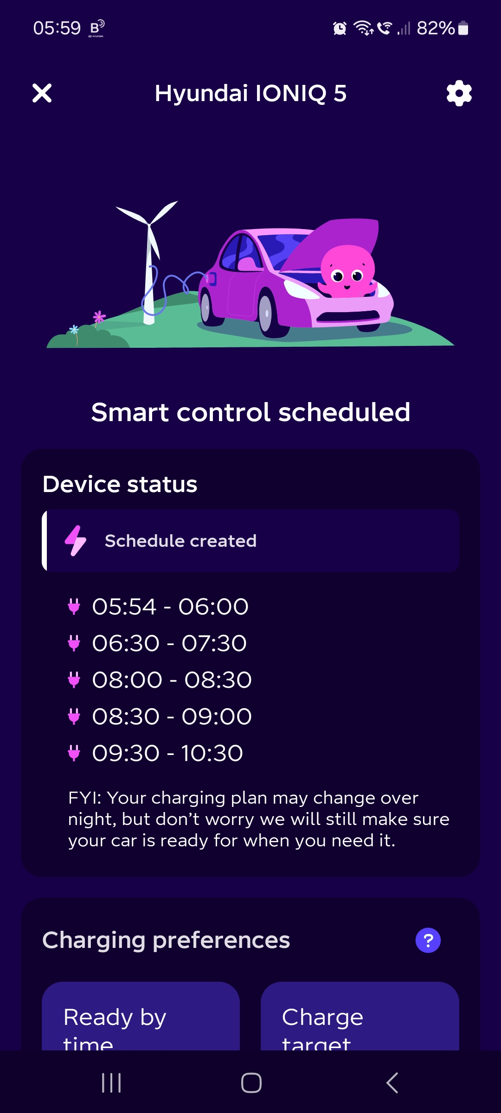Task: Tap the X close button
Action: [42, 93]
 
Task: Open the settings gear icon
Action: [459, 93]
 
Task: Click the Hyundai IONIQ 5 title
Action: [250, 93]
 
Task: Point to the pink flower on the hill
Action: [99, 317]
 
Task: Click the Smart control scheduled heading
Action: [250, 412]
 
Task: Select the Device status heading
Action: [120, 484]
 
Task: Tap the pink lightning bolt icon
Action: [75, 541]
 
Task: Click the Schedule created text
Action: [180, 541]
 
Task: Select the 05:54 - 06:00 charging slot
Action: [170, 607]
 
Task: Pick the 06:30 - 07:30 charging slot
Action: [169, 643]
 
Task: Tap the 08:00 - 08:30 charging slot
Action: [172, 680]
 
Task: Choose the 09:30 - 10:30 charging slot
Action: [167, 753]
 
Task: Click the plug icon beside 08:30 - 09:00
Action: [74, 716]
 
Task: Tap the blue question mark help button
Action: [428, 940]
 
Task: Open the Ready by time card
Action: [141, 1016]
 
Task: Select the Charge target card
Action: [360, 1016]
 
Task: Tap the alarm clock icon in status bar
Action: [340, 28]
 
